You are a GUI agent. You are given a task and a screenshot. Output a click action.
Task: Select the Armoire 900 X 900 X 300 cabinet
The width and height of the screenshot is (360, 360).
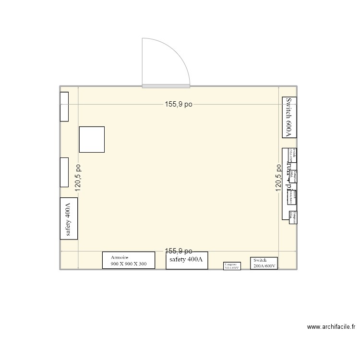tap(128, 260)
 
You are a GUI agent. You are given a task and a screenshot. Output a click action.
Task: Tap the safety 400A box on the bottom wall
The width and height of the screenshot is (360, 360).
tap(187, 260)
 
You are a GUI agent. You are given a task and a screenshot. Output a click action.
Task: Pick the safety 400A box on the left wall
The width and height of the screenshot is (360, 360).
tap(68, 218)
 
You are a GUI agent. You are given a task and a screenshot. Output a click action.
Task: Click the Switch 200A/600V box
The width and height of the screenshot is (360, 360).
tap(264, 263)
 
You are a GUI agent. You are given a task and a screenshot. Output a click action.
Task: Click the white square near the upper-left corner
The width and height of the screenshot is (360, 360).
tap(92, 139)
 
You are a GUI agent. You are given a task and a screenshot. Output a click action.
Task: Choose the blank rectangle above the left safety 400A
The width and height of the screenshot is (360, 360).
tap(64, 172)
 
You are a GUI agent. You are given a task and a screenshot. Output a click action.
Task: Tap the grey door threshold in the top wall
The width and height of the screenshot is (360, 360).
tap(167, 86)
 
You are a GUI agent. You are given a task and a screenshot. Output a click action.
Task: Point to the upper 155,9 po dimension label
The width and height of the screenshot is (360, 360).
tap(179, 104)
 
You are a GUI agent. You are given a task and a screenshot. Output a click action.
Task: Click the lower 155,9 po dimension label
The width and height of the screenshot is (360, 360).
tap(179, 251)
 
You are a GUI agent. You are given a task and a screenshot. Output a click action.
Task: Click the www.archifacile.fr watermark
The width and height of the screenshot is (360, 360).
tap(331, 327)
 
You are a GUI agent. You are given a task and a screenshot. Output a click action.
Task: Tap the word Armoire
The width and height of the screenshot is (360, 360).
tap(120, 257)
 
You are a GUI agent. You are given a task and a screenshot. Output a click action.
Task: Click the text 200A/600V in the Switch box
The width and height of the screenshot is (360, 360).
tap(264, 265)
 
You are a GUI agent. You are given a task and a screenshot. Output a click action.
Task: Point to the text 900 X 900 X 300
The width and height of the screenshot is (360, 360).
tap(129, 264)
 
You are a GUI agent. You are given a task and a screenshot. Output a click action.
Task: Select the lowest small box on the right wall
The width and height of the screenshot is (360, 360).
tap(293, 217)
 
